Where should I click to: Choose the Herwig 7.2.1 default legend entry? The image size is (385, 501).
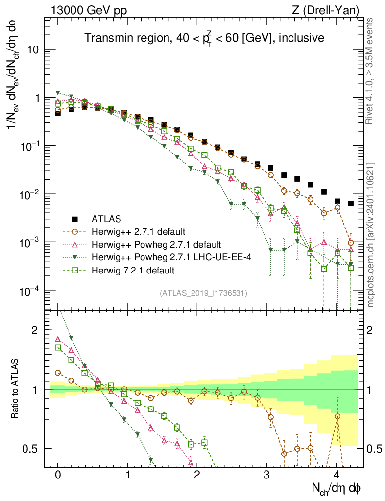133,270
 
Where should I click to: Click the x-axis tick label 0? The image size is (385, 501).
58,475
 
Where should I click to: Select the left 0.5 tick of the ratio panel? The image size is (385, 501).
33,449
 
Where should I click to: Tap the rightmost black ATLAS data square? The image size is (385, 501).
351,204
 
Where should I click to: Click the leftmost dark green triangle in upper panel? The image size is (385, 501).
58,92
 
